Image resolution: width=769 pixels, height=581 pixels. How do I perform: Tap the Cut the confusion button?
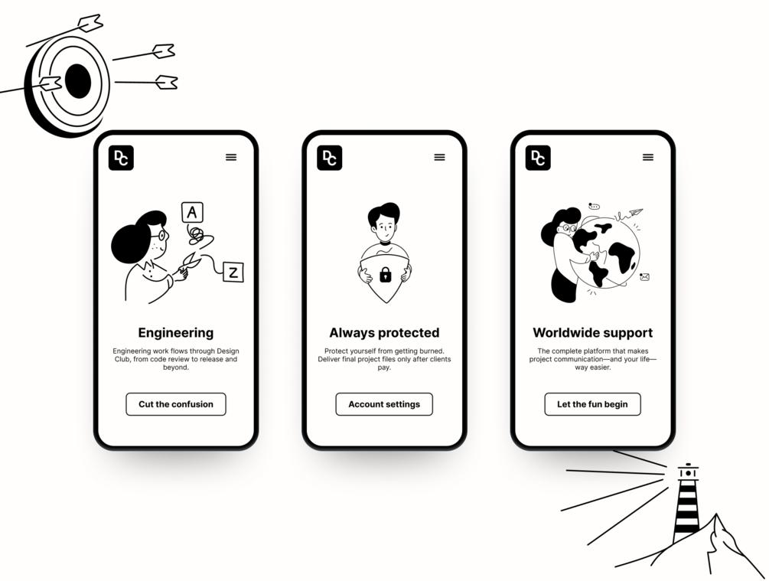(175, 404)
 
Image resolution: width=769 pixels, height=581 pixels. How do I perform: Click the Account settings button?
(384, 404)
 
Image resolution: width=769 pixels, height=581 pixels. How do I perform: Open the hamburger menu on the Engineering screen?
(231, 157)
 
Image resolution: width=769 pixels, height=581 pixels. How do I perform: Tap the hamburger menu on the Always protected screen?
(439, 157)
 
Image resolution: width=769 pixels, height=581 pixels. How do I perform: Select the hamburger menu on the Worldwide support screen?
(648, 157)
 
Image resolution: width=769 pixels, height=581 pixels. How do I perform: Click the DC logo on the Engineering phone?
(121, 158)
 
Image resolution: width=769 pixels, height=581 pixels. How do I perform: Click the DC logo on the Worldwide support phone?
(538, 158)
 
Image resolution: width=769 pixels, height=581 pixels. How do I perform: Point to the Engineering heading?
(175, 333)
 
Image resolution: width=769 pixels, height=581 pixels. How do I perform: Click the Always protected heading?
(384, 333)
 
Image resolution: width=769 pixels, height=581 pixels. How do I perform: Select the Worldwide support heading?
(592, 333)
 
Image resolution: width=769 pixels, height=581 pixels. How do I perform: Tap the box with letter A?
(192, 213)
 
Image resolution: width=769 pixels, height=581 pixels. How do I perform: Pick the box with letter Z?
(233, 273)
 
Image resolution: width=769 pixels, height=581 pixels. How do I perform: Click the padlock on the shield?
(386, 275)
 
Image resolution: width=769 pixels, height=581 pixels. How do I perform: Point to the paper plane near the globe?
(635, 212)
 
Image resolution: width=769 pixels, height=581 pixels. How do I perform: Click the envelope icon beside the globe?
(644, 277)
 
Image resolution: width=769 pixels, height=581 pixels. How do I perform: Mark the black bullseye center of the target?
(78, 81)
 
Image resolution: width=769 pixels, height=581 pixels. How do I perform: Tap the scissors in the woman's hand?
(190, 263)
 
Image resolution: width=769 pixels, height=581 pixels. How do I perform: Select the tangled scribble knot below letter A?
(197, 235)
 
